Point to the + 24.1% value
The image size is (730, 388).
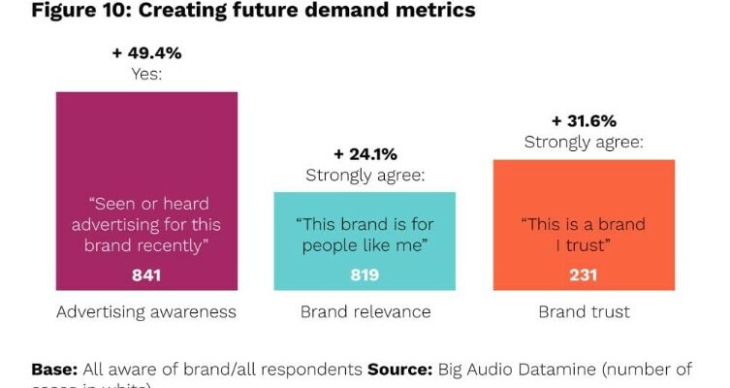pyautogui.click(x=365, y=154)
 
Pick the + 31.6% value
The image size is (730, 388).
pyautogui.click(x=584, y=121)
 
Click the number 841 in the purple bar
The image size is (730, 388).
pyautogui.click(x=146, y=275)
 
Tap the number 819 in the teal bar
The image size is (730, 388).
pyautogui.click(x=365, y=275)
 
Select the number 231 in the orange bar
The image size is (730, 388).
pyautogui.click(x=584, y=275)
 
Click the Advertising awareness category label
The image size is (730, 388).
pyautogui.click(x=146, y=312)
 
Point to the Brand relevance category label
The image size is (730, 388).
pyautogui.click(x=365, y=312)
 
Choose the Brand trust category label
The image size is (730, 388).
pyautogui.click(x=584, y=312)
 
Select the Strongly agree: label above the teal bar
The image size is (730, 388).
pyautogui.click(x=365, y=176)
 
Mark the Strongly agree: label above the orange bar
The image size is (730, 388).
pyautogui.click(x=584, y=143)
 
